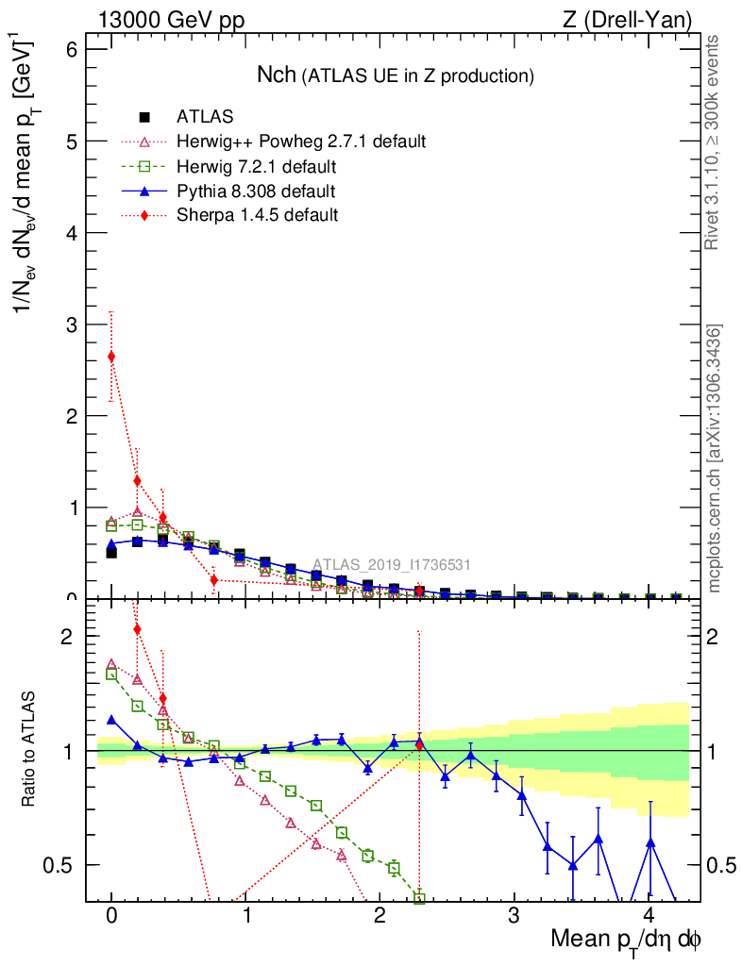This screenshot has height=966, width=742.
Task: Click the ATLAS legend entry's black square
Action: pos(144,117)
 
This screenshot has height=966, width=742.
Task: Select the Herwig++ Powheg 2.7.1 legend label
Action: pos(301,142)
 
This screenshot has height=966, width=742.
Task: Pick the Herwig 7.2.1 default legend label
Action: pos(256,167)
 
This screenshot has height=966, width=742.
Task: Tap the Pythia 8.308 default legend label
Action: pos(256,192)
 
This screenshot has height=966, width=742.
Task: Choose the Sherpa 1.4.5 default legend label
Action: pos(257,215)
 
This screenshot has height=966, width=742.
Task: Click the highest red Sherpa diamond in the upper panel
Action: pos(111,357)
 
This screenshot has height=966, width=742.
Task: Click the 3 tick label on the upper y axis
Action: pos(75,324)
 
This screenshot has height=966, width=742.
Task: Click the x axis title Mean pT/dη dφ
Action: pos(625,941)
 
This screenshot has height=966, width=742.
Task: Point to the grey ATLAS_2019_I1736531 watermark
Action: pos(391,565)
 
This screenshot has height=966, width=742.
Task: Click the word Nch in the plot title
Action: pos(277,75)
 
